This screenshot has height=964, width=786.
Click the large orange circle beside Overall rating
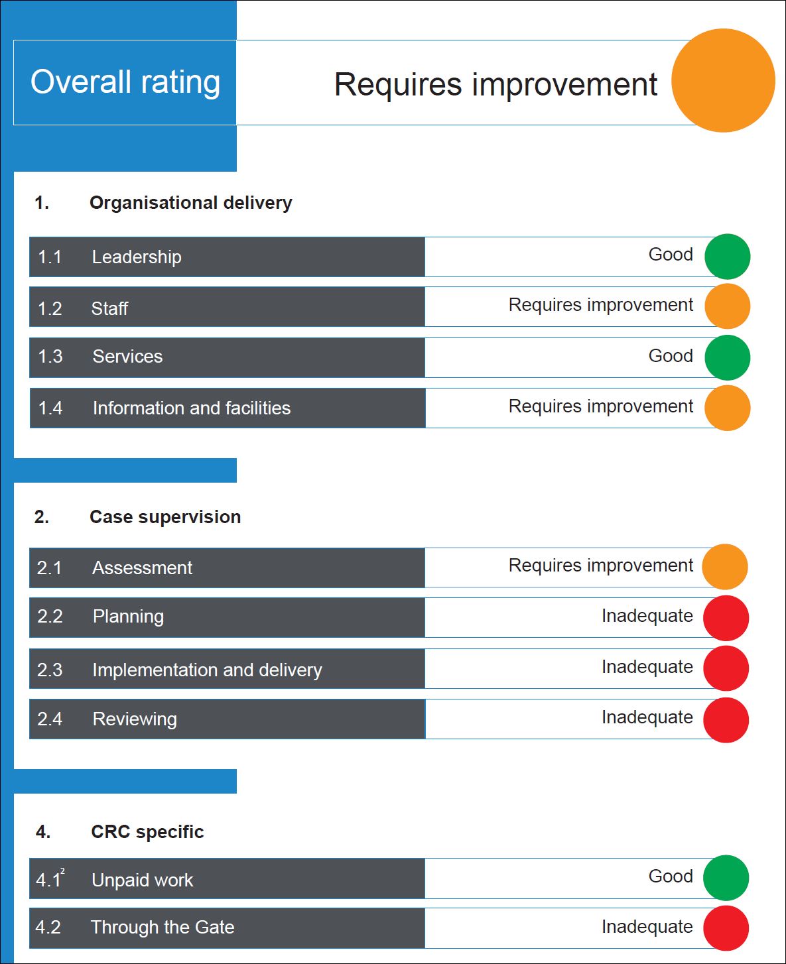click(x=723, y=80)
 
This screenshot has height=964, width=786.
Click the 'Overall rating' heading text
click(x=125, y=82)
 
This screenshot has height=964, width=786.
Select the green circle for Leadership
click(x=727, y=257)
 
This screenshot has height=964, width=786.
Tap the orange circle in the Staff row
click(x=727, y=306)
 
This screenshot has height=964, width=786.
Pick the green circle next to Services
click(x=727, y=357)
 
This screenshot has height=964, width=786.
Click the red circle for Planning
click(x=726, y=618)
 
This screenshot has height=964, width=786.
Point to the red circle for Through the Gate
click(x=726, y=928)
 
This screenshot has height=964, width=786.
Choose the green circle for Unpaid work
click(x=726, y=878)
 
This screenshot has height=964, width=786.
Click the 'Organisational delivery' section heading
click(x=190, y=203)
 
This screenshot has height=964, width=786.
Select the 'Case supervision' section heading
click(x=165, y=517)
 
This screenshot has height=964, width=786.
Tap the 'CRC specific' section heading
click(x=147, y=832)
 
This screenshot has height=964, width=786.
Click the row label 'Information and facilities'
click(x=192, y=408)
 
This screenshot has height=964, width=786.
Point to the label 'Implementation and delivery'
click(x=207, y=670)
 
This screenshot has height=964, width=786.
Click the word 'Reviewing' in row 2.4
click(x=135, y=719)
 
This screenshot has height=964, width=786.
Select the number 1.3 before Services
click(x=50, y=357)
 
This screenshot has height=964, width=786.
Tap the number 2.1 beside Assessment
click(x=49, y=568)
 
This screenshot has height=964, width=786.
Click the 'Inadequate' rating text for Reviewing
click(x=647, y=717)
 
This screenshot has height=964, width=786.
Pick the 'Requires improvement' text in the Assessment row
click(x=600, y=566)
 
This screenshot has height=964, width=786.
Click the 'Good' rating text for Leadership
click(x=671, y=255)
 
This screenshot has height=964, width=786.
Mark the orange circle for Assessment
click(x=724, y=567)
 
